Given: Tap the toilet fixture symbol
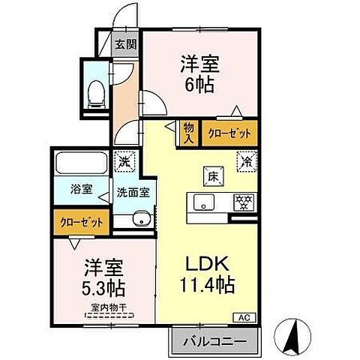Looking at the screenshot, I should tap(96, 91).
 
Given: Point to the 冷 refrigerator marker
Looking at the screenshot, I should tap(245, 159).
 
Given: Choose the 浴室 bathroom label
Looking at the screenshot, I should tap(82, 189).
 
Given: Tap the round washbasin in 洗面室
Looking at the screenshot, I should tap(140, 219).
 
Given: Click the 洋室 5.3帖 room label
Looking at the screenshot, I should tap(103, 277).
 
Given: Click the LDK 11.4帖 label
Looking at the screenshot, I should tap(206, 275).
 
